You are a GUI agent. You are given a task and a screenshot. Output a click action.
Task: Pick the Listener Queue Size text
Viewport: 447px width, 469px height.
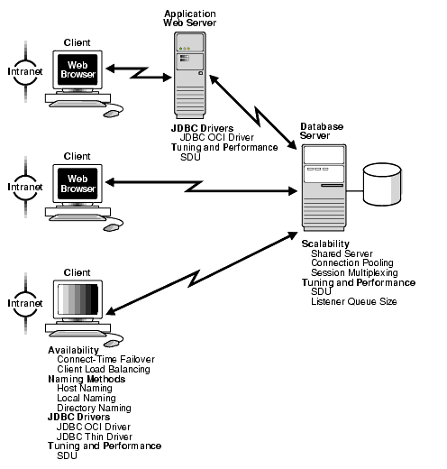click(353, 300)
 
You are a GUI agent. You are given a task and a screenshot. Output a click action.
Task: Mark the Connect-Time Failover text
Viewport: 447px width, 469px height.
click(103, 359)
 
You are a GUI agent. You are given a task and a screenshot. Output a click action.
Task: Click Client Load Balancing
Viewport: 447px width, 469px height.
click(103, 369)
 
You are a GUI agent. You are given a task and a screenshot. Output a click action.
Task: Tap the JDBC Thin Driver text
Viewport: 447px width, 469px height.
click(95, 437)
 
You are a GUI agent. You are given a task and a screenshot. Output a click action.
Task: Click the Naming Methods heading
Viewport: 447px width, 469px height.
click(86, 379)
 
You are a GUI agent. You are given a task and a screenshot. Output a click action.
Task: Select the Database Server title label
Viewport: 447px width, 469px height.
click(322, 130)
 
